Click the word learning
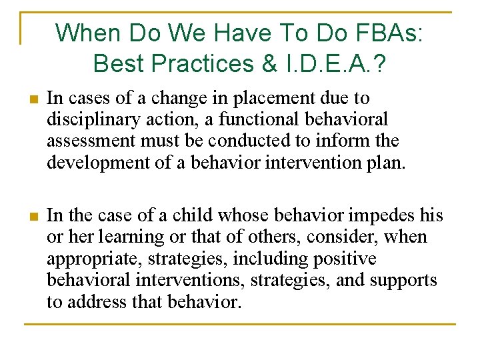pos(128,237)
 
